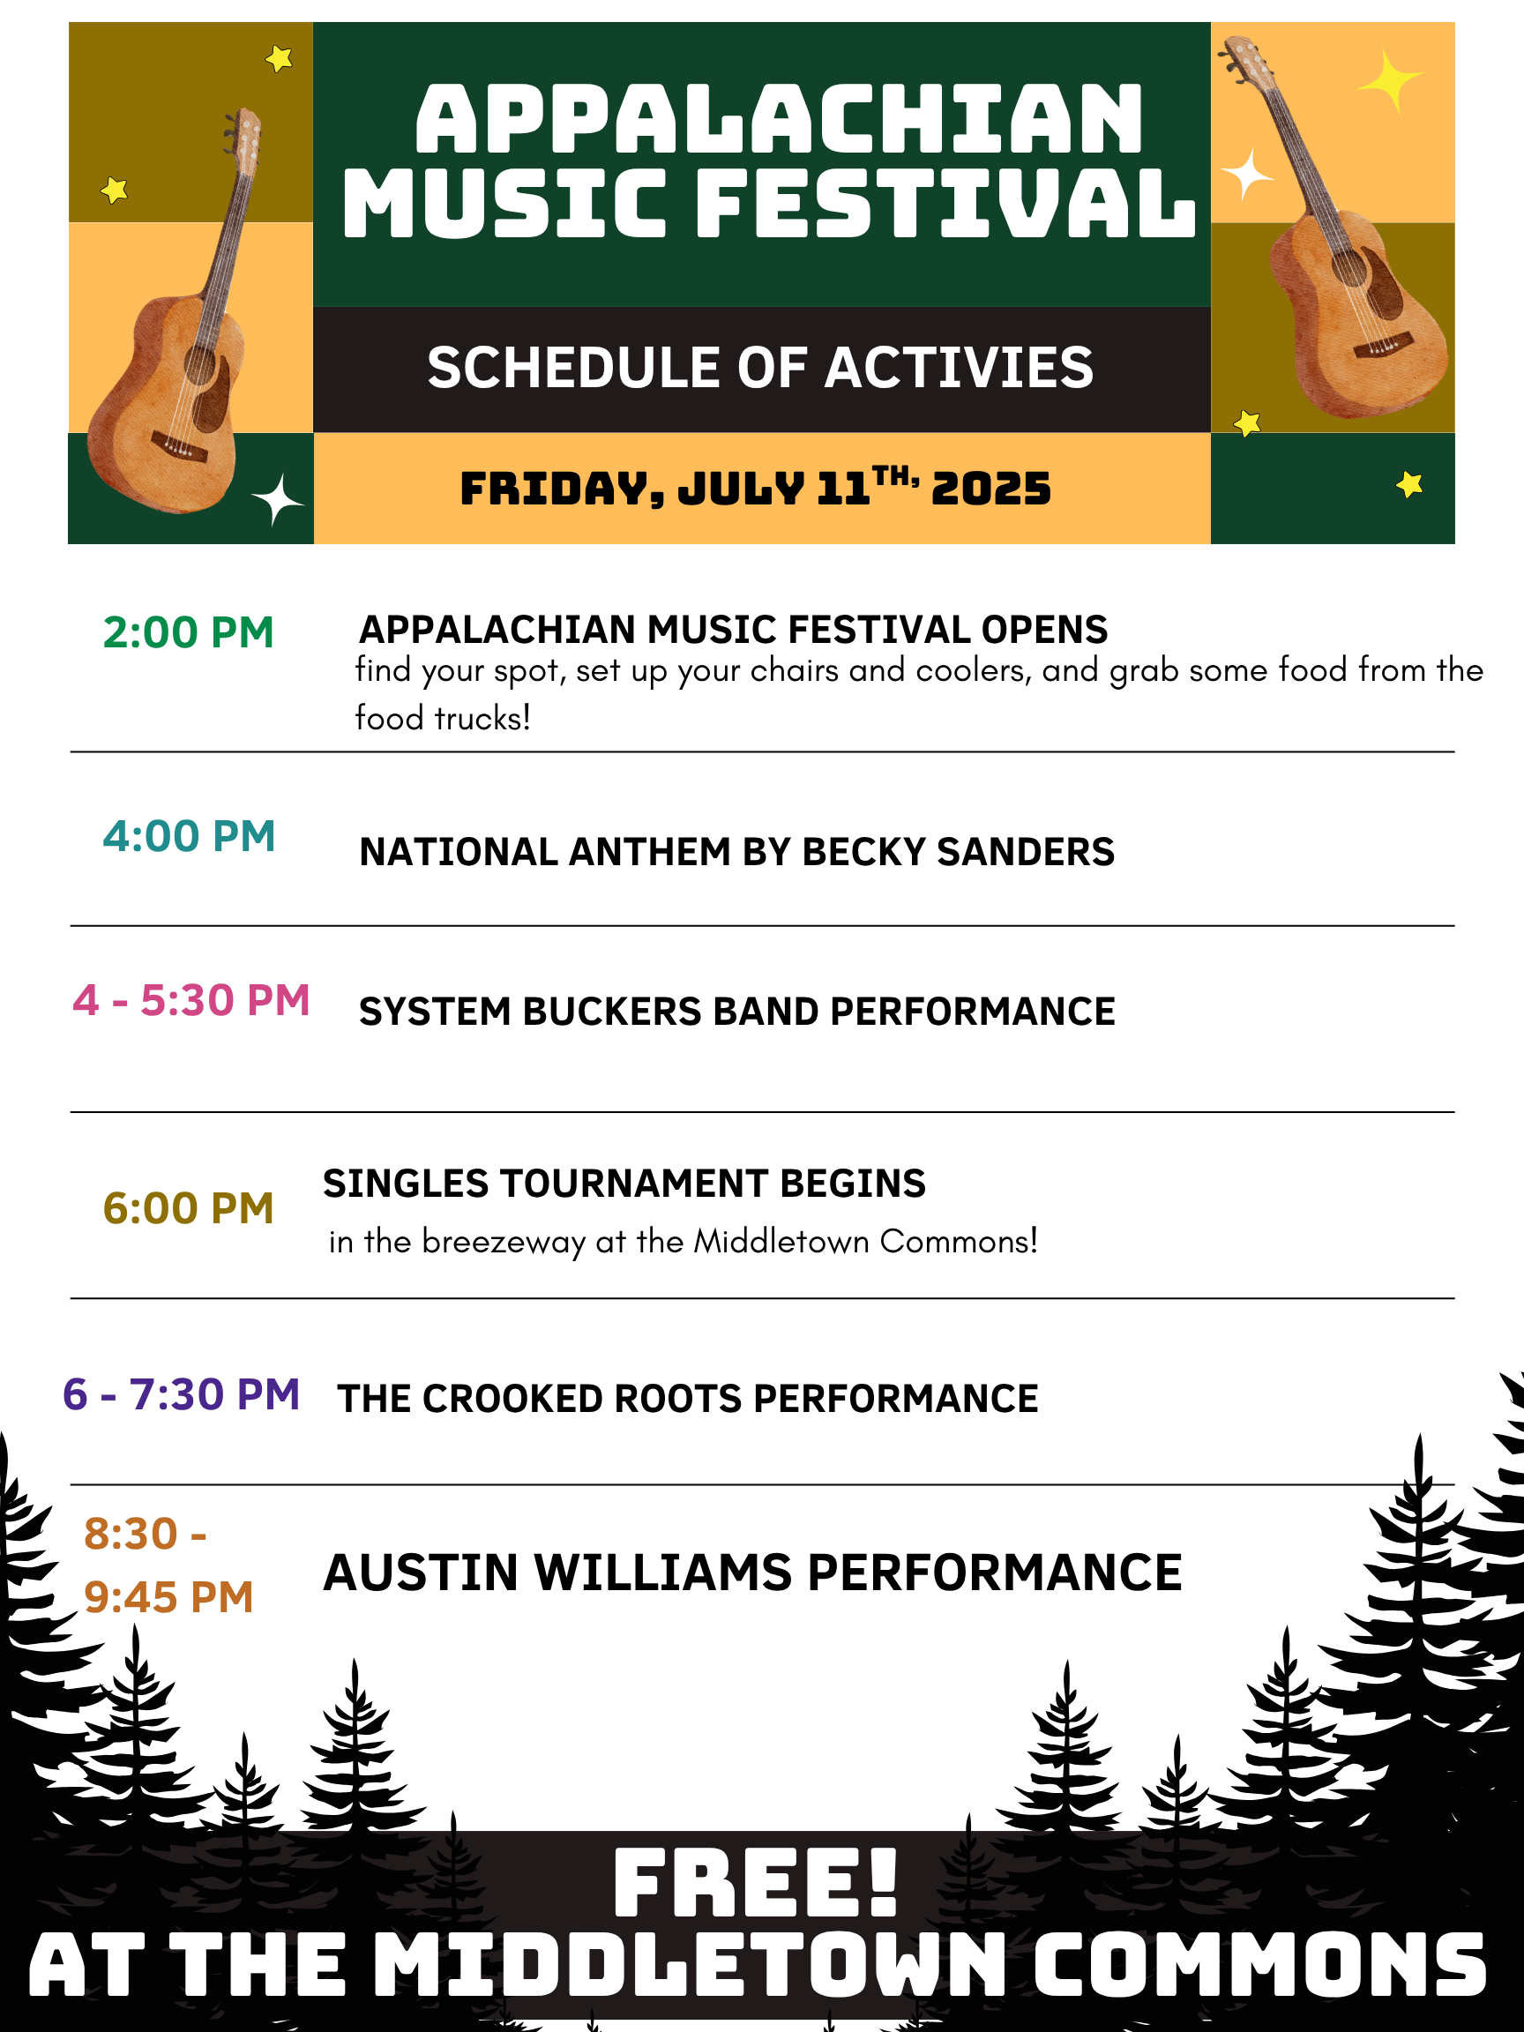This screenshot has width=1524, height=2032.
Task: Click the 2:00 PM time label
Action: pyautogui.click(x=189, y=632)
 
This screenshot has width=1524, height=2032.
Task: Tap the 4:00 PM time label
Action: pyautogui.click(x=190, y=836)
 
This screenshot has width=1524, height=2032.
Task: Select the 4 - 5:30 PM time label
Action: pyautogui.click(x=191, y=999)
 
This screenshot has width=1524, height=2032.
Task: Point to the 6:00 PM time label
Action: pyautogui.click(x=189, y=1208)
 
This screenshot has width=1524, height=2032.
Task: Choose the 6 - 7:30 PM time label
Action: pyautogui.click(x=181, y=1393)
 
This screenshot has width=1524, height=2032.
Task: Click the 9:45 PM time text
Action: pyautogui.click(x=168, y=1596)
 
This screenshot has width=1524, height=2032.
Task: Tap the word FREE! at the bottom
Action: pyautogui.click(x=755, y=1883)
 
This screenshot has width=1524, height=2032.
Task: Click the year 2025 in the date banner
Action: pyautogui.click(x=990, y=488)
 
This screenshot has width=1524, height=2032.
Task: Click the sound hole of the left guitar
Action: pyautogui.click(x=199, y=365)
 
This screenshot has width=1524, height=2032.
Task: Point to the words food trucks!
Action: pyautogui.click(x=443, y=719)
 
